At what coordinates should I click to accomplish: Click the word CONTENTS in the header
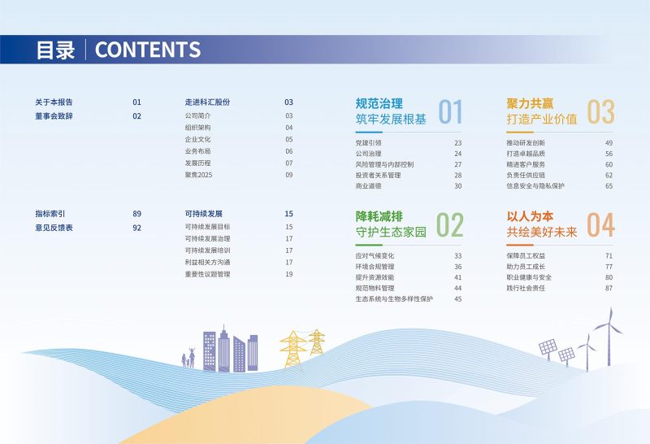[148, 50]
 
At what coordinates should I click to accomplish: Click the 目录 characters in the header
[55, 50]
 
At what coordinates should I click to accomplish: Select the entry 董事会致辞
[54, 116]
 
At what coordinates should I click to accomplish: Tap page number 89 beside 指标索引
[136, 214]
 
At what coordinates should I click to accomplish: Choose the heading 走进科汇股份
[207, 102]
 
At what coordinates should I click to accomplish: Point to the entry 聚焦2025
[198, 175]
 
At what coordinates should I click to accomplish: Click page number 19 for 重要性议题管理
[289, 274]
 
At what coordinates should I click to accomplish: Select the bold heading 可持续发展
[204, 214]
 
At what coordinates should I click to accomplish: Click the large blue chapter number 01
[450, 111]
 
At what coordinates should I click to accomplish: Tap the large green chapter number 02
[449, 224]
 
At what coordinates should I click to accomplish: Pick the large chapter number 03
[600, 111]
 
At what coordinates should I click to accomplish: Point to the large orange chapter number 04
[600, 224]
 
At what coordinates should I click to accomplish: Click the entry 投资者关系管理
[378, 175]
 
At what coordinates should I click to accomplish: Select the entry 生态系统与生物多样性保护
[394, 298]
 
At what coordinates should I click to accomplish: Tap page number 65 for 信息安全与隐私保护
[609, 186]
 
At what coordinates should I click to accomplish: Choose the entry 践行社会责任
[526, 288]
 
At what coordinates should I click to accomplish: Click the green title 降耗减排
[379, 216]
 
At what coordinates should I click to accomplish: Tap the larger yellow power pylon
[293, 349]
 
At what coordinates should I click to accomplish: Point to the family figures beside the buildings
[188, 358]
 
